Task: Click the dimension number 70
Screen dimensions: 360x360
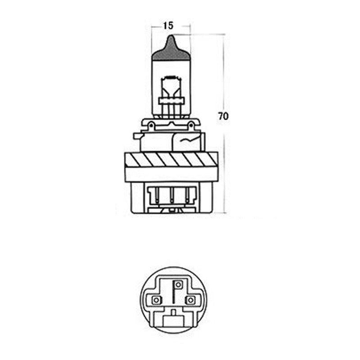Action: point(223,116)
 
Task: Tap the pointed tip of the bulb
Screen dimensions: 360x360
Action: point(170,38)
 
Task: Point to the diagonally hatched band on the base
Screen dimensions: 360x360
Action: point(171,159)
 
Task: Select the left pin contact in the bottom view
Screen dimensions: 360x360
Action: point(156,299)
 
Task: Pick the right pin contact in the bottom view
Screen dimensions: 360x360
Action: point(191,299)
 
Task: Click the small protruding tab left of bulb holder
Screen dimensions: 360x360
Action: point(136,135)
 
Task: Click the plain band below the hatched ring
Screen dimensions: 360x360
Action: point(171,174)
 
